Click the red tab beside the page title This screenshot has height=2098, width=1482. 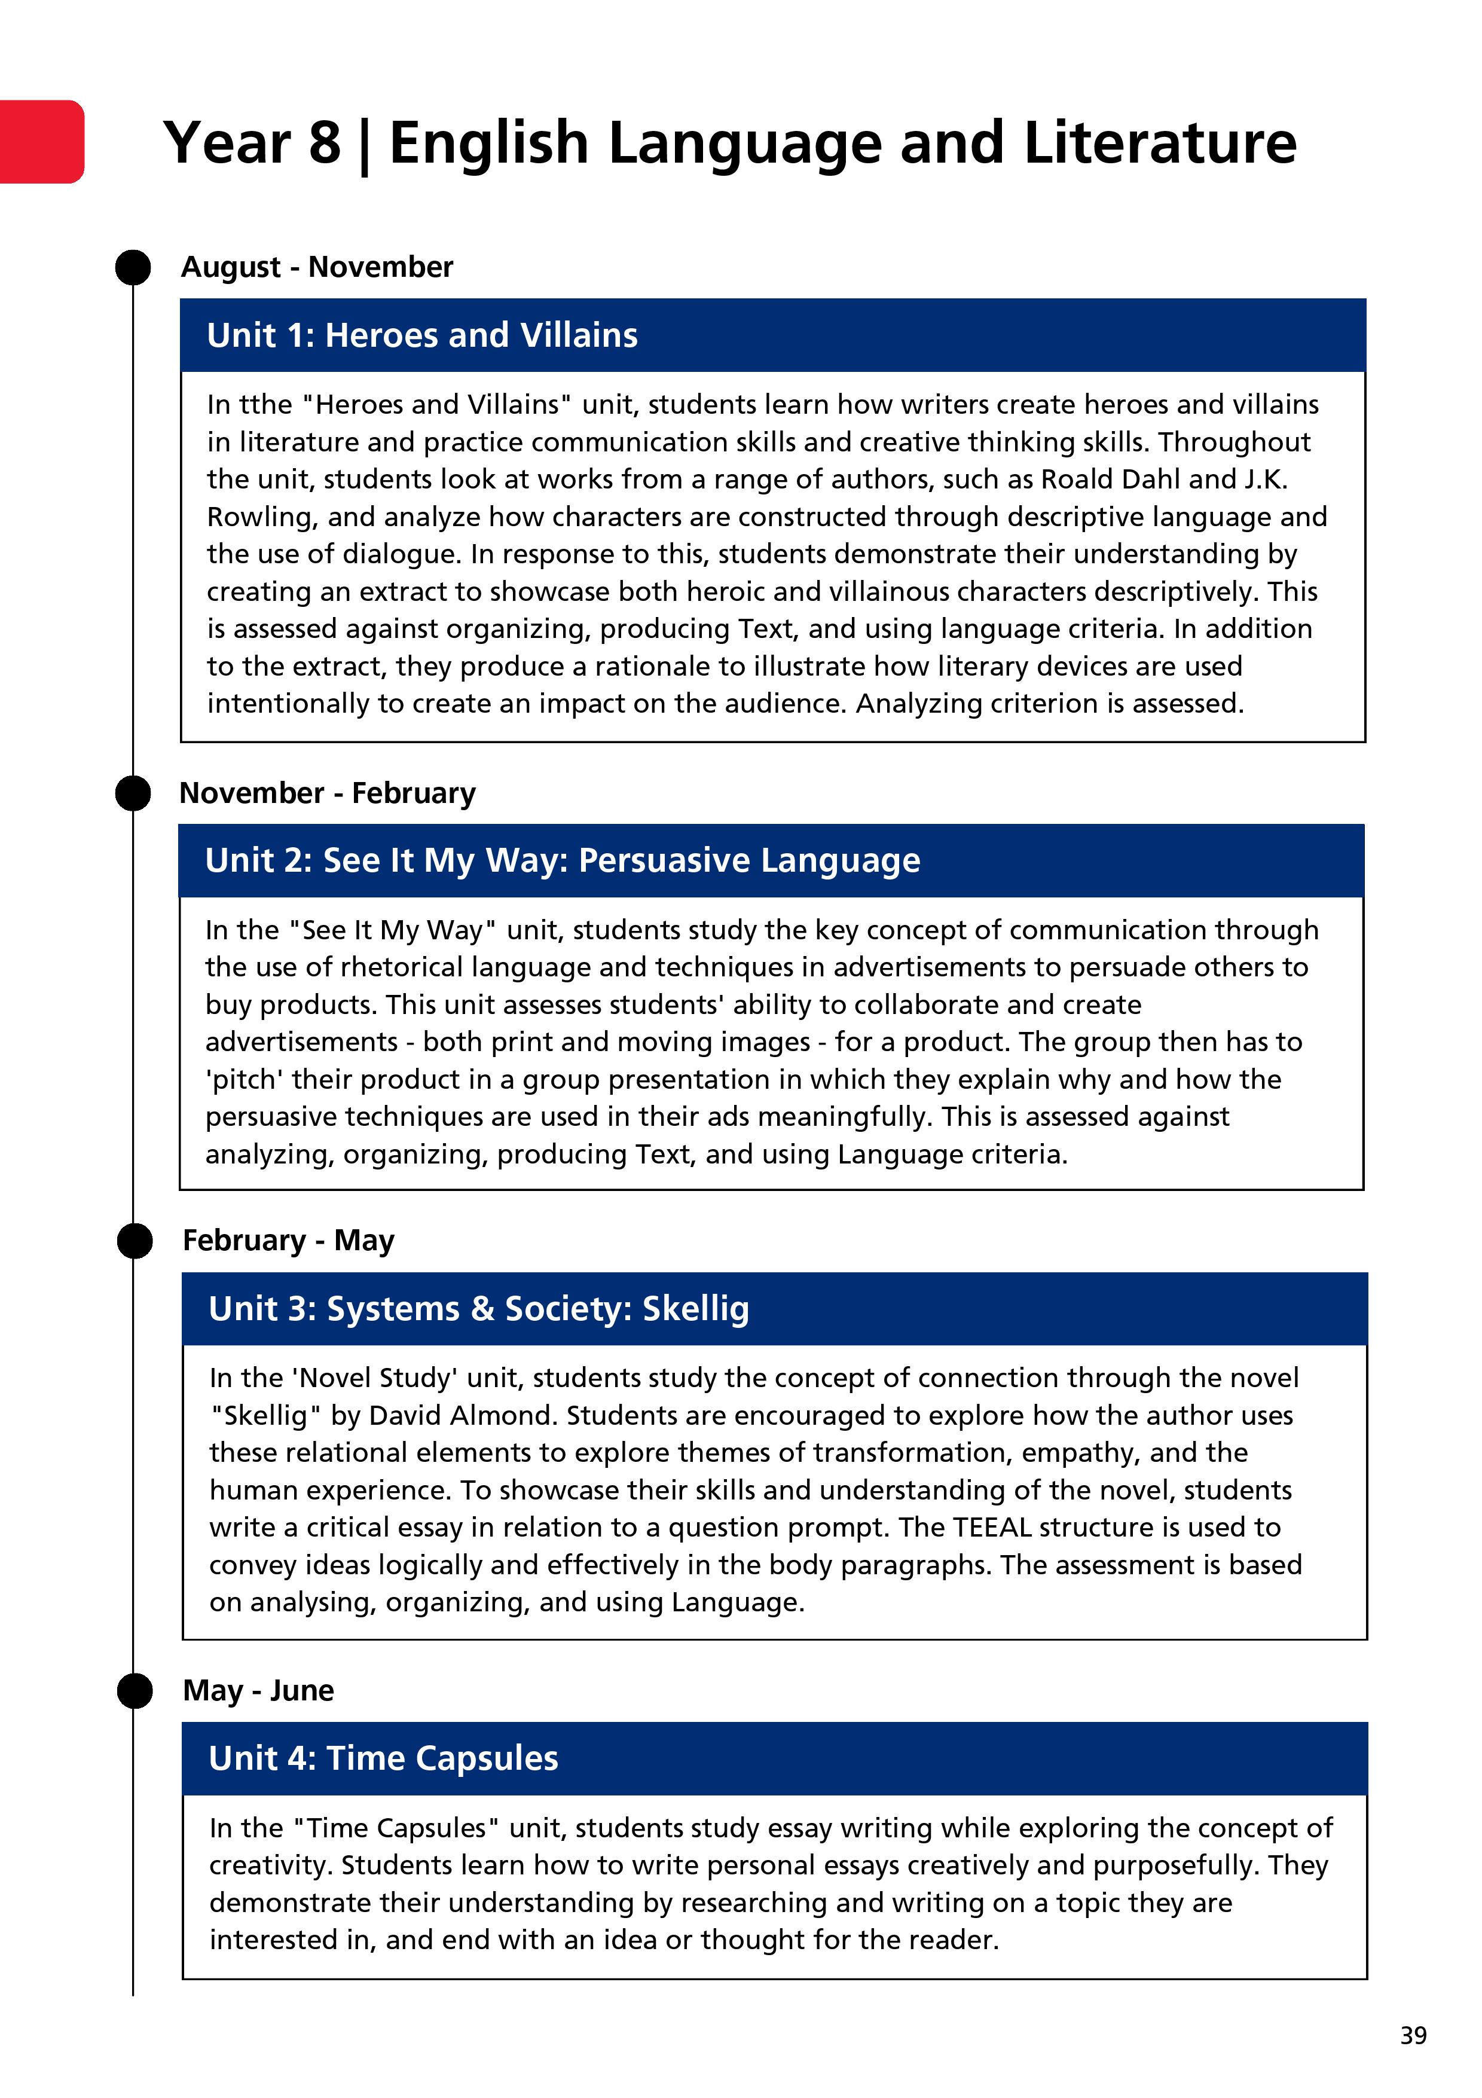(x=42, y=142)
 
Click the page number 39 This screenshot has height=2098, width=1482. (x=1413, y=2035)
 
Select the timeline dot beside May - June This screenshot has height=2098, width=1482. (x=135, y=1690)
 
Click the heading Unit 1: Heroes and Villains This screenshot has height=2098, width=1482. (x=422, y=335)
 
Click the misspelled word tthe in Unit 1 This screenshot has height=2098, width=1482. (x=266, y=404)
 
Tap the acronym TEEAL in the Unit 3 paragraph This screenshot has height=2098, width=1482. (x=991, y=1527)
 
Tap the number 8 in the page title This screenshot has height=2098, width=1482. (x=325, y=143)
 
